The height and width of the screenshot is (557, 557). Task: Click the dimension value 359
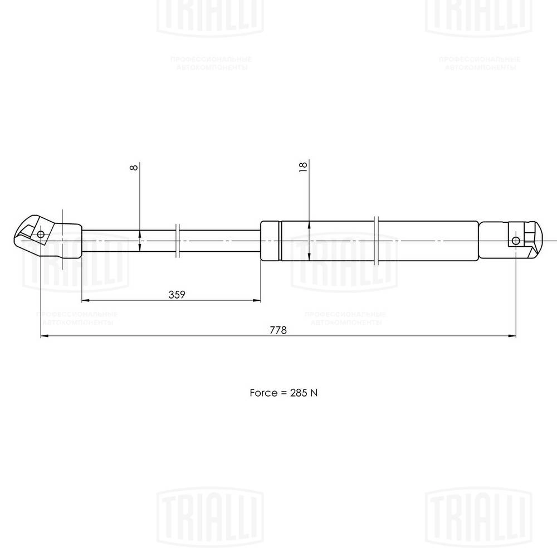pos(177,295)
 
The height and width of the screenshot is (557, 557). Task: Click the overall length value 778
pos(278,330)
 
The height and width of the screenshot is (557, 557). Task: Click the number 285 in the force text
pos(298,393)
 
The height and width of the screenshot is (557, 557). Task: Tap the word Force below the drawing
pos(263,393)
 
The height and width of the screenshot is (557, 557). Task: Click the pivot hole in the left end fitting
pos(41,234)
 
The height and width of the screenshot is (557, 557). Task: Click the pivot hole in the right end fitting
pos(516,241)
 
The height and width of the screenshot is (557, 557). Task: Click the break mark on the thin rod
pos(177,241)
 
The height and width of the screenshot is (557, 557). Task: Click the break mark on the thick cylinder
pos(377,241)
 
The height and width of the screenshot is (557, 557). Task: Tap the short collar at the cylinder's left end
pos(271,241)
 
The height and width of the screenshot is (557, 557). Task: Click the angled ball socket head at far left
pos(28,233)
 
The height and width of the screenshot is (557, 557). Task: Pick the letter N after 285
pos(314,393)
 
